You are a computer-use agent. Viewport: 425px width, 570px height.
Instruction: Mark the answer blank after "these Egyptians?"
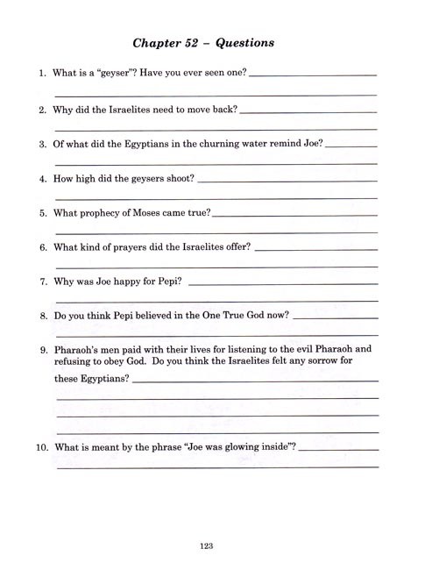(255, 381)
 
